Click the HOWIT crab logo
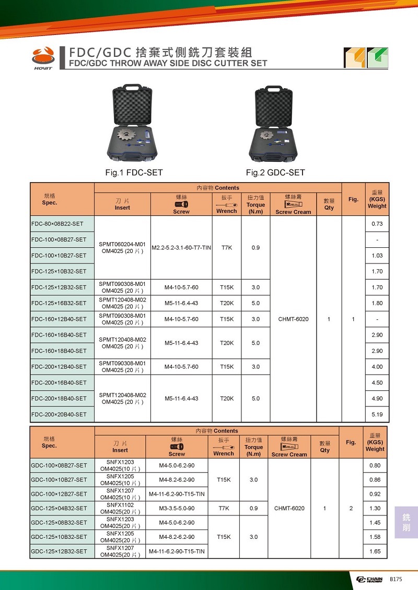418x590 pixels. pos(43,56)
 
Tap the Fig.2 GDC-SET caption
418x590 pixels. pos(275,173)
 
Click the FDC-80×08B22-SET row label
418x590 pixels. pos(58,224)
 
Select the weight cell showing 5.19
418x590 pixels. pos(377,414)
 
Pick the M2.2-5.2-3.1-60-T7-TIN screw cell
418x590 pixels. pos(181,248)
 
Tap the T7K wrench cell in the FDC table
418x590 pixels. pos(226,248)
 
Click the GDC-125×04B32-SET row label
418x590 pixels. pos(59,509)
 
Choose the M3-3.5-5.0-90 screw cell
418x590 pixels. pos(177,509)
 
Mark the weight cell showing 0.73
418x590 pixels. pos(377,224)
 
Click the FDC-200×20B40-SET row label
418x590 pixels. pos(59,414)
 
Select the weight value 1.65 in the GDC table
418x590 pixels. pos(375,551)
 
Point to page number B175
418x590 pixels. pos(397,580)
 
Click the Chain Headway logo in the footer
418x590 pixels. pos(369,580)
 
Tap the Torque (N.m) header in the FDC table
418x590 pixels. pos(256,204)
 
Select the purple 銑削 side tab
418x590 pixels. pos(406,522)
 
